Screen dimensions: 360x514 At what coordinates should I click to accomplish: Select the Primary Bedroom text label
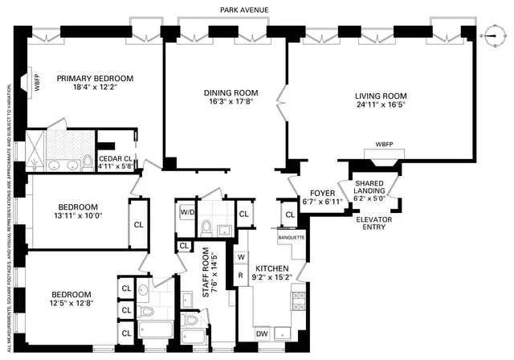click(94, 79)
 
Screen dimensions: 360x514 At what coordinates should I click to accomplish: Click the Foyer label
click(322, 193)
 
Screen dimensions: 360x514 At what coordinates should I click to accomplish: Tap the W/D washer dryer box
click(187, 213)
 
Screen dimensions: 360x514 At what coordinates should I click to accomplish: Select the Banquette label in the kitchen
click(290, 237)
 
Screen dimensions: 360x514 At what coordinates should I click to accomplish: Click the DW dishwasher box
click(262, 333)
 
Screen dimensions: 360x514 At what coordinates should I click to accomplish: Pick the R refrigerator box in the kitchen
click(241, 275)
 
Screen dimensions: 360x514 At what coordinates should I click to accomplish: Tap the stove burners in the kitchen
click(297, 301)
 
